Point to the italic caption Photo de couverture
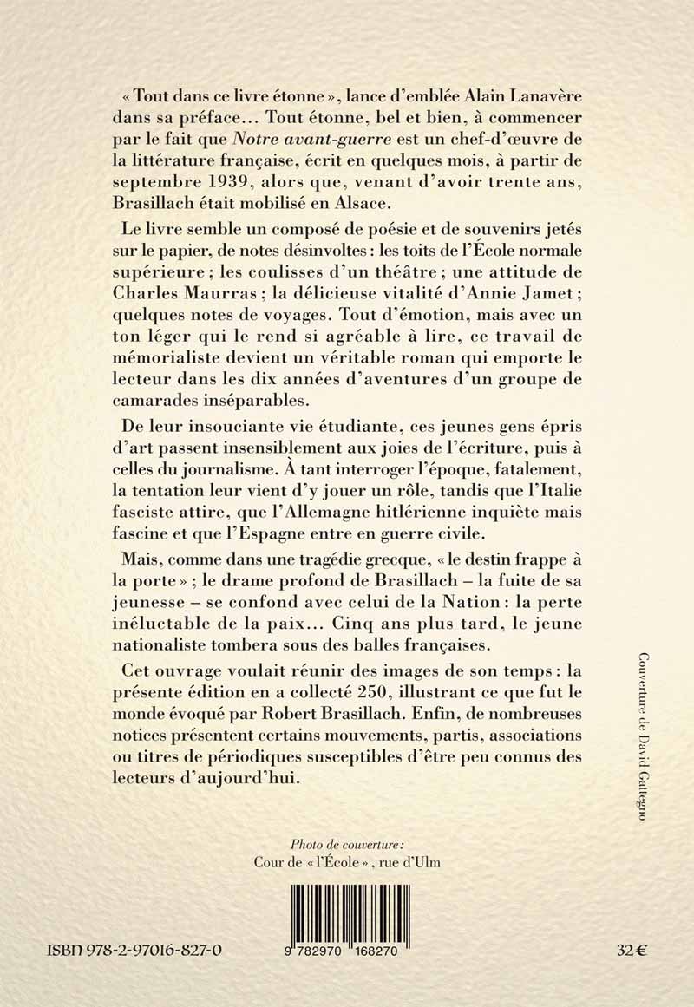click(348, 841)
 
